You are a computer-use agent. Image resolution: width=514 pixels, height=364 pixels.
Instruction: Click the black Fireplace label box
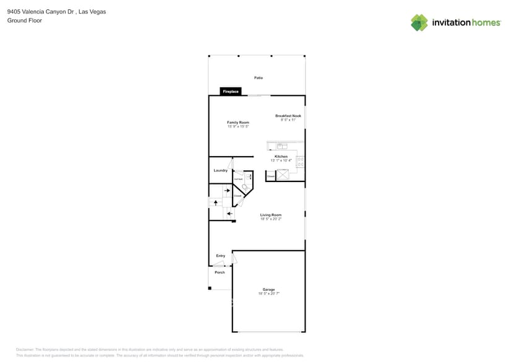pos(231,92)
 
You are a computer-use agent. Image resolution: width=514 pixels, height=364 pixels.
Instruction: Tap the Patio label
pos(259,78)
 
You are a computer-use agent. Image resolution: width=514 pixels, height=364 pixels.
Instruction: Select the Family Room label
pos(238,123)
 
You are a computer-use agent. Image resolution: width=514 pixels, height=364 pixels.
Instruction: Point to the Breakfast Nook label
pos(288,116)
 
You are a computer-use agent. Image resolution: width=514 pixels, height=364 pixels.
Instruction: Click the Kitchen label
pos(281,157)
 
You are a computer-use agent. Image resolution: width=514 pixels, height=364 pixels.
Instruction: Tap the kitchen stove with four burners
pos(301,162)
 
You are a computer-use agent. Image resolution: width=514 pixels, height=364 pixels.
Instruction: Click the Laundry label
pos(220,170)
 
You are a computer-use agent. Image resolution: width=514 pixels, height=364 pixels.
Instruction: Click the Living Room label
pos(271,215)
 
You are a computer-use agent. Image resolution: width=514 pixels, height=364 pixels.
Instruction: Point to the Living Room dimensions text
pos(271,219)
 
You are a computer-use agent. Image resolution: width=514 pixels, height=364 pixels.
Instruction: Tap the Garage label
pos(268,290)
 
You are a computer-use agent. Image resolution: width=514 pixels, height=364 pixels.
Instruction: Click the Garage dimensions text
pos(268,294)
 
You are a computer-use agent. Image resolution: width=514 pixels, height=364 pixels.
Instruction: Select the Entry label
pos(220,256)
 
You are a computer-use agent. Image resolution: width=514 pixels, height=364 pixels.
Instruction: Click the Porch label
pos(220,272)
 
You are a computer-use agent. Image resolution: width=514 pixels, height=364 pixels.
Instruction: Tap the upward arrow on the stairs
pos(215,202)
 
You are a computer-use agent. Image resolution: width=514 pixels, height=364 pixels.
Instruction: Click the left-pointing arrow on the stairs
pos(229,214)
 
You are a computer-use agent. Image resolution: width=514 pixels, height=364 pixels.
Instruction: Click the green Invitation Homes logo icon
pos(419,22)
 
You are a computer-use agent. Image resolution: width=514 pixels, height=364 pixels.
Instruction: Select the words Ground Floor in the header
pos(21,20)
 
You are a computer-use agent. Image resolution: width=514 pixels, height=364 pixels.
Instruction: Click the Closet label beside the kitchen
pos(271,176)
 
